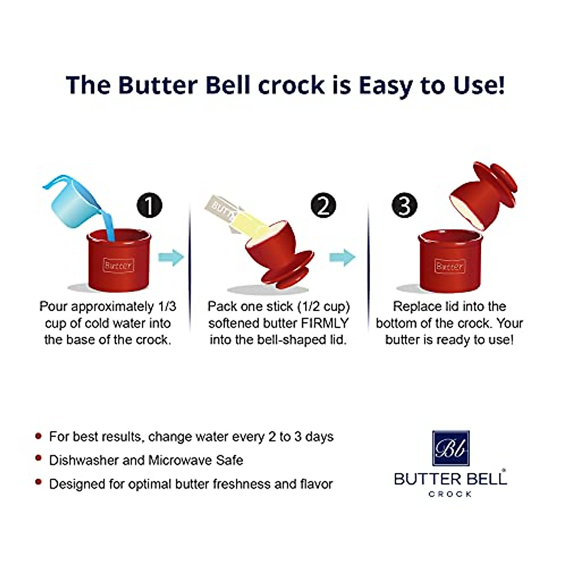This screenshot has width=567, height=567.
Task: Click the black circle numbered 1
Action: pyautogui.click(x=149, y=206)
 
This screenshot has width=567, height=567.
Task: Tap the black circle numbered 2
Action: pyautogui.click(x=323, y=206)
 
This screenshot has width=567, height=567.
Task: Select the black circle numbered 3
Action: pyautogui.click(x=404, y=206)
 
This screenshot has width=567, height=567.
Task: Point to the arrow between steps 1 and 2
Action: pyautogui.click(x=171, y=258)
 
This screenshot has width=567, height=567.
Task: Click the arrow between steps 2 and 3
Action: pyautogui.click(x=342, y=258)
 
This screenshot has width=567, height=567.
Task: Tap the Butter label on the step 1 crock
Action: pyautogui.click(x=118, y=266)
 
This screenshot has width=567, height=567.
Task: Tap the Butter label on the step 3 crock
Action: pyautogui.click(x=449, y=266)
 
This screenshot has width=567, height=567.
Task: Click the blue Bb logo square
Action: pyautogui.click(x=451, y=448)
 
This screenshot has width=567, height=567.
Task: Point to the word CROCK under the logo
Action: pyautogui.click(x=450, y=494)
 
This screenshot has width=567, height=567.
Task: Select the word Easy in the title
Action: pyautogui.click(x=389, y=85)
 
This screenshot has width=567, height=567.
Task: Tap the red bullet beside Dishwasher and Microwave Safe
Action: pyautogui.click(x=39, y=459)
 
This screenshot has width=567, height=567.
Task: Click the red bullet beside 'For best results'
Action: pyautogui.click(x=39, y=436)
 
